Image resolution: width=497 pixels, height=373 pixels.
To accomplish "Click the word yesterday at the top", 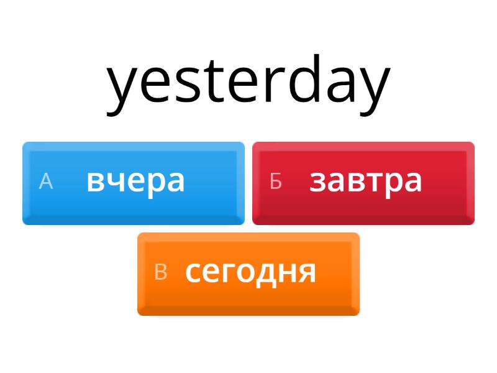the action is pos(248,85).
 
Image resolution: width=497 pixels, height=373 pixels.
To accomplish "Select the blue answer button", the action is pos(134,183).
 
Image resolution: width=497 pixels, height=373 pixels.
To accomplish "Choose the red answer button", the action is pos(363,183).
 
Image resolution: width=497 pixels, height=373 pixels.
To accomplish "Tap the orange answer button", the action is pos(248,274).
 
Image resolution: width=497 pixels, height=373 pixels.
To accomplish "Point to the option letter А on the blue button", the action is pos(45,182).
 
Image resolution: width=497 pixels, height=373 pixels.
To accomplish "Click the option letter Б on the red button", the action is pos(276,182).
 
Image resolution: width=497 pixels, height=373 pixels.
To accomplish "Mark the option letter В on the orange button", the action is pos(161,272).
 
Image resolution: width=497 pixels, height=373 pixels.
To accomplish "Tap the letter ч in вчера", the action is pos(116,182).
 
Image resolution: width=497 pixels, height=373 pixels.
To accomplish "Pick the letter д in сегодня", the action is pos(266,275).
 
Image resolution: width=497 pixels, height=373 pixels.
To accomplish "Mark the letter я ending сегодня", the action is pos(307,272).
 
